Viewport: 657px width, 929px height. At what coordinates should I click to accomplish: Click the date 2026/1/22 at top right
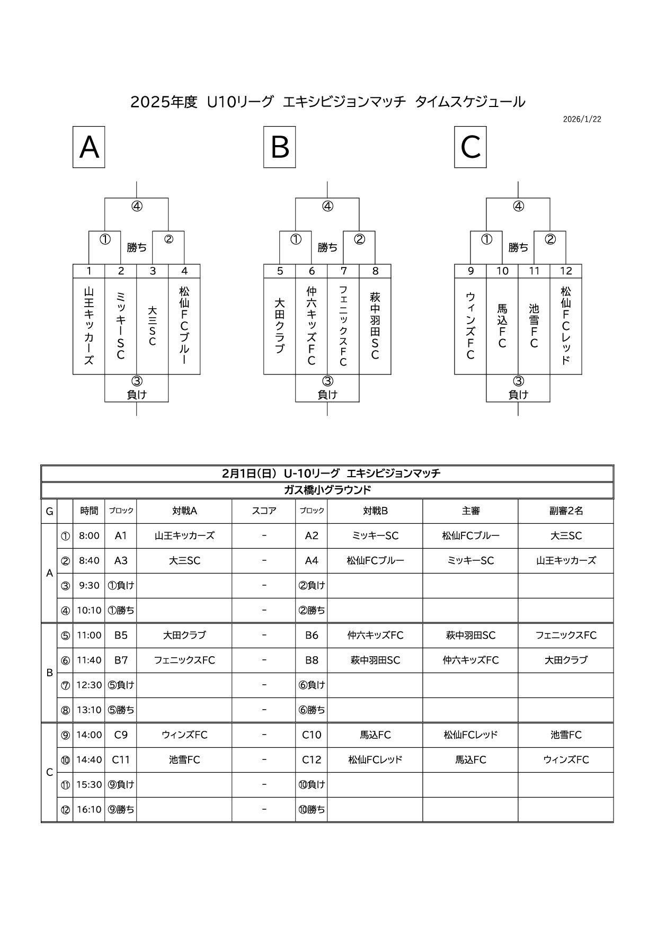click(x=582, y=119)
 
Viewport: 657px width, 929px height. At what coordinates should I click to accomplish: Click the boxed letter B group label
click(x=280, y=147)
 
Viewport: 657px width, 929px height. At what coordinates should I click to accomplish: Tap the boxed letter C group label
click(x=470, y=147)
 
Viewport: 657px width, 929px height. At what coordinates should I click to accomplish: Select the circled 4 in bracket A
click(x=137, y=207)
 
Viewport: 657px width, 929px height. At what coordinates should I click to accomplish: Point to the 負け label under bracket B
click(x=327, y=395)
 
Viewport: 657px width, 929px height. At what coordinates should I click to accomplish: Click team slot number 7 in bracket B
click(x=343, y=271)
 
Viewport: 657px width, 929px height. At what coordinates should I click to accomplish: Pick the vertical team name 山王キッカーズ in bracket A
click(x=89, y=325)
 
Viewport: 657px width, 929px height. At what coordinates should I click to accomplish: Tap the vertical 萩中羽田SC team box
click(x=375, y=325)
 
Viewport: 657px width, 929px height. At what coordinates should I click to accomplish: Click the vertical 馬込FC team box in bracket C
click(x=502, y=325)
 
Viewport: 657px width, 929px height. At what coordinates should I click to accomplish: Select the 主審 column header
click(x=470, y=511)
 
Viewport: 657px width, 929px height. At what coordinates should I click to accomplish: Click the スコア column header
click(x=264, y=511)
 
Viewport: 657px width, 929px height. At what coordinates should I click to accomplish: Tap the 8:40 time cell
click(x=89, y=560)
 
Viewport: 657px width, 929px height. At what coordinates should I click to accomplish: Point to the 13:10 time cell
click(x=89, y=710)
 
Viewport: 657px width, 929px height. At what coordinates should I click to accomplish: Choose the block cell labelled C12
click(x=312, y=760)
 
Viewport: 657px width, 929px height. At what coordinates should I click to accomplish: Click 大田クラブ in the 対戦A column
click(x=184, y=635)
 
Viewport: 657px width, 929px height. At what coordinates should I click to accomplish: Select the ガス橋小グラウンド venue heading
click(x=327, y=490)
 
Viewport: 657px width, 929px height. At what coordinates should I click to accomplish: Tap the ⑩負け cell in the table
click(x=312, y=784)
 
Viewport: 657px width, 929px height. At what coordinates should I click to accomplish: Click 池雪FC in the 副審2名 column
click(x=566, y=735)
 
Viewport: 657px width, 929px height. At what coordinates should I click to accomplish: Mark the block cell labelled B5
click(x=121, y=635)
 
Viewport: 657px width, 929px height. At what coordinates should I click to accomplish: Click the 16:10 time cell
click(x=89, y=809)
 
